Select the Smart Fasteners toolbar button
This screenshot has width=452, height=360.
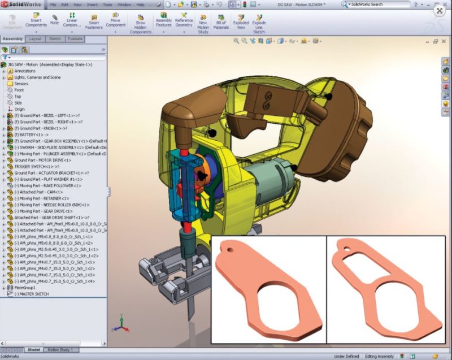click(94, 21)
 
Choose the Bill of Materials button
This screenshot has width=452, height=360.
click(221, 20)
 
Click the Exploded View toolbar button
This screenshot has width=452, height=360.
click(241, 20)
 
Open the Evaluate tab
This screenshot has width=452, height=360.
click(75, 39)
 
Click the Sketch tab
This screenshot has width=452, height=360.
click(55, 39)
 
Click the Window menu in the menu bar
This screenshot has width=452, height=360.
click(124, 5)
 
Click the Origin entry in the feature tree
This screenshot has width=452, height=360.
click(20, 109)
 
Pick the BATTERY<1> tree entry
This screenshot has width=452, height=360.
click(31, 135)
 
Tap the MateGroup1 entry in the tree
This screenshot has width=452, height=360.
click(25, 288)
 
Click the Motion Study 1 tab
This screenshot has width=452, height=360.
click(62, 350)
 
